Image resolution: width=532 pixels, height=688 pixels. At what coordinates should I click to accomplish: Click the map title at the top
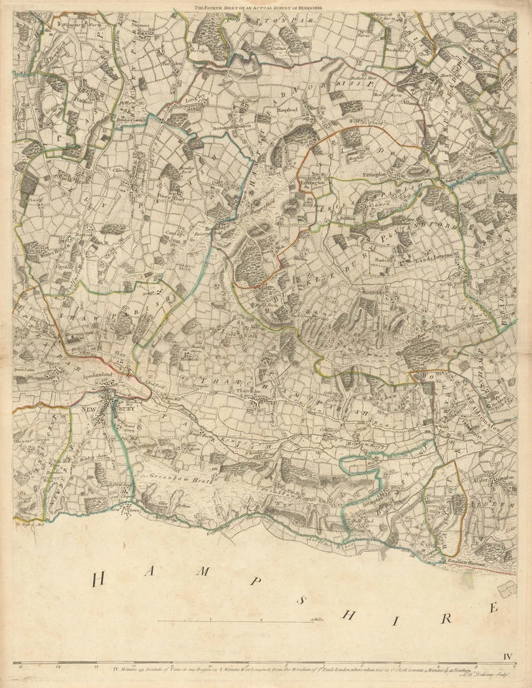point(266,7)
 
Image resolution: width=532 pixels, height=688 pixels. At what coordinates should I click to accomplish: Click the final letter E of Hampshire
point(493,608)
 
